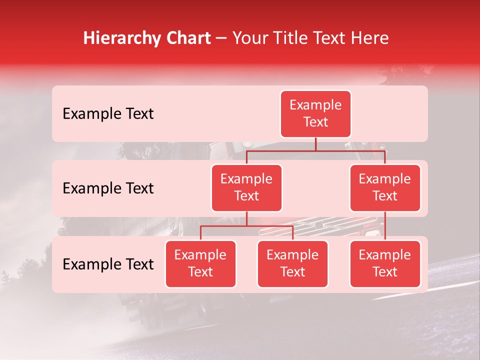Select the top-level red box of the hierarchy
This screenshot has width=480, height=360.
(315, 113)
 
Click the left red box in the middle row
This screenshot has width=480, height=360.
(246, 187)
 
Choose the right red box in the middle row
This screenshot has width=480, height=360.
(385, 187)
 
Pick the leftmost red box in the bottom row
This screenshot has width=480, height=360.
(200, 263)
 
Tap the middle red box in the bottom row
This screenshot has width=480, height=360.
(292, 263)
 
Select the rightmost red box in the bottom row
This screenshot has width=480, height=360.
(385, 263)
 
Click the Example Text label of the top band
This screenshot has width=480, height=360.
(108, 113)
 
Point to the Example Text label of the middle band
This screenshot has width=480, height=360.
(108, 188)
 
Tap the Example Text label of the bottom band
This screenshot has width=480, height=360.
(108, 264)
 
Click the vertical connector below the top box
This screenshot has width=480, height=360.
(315, 144)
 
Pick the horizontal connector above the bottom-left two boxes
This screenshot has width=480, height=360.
(246, 226)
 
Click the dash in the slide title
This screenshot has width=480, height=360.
(221, 38)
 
